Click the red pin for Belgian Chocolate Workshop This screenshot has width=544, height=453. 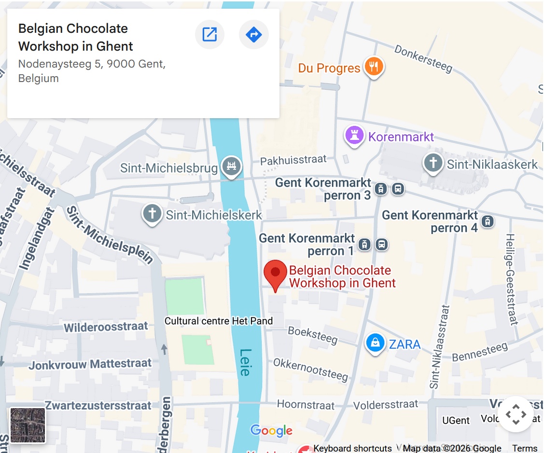coord(275,272)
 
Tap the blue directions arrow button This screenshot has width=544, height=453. coord(254,35)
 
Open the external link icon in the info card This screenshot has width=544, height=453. coord(209,35)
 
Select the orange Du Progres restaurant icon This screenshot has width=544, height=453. coord(373,67)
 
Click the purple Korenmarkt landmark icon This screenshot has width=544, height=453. coord(354,136)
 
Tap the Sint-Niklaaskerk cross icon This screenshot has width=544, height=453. coord(433,163)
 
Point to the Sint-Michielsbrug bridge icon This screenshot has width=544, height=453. coord(231,167)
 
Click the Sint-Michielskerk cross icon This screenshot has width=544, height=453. coord(152,214)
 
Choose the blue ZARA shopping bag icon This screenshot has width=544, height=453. coord(375,343)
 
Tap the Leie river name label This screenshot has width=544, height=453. coord(246,362)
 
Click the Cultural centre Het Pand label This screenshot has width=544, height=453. coord(219,321)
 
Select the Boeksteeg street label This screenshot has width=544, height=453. coord(313,335)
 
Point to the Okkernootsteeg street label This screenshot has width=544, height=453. coord(310,369)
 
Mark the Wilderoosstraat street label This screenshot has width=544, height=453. coord(106,327)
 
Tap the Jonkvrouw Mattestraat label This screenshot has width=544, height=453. coord(90,364)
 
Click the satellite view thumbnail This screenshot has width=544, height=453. coord(28,425)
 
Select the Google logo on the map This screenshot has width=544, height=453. coord(271,430)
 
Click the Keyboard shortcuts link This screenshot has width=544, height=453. coord(352,448)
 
